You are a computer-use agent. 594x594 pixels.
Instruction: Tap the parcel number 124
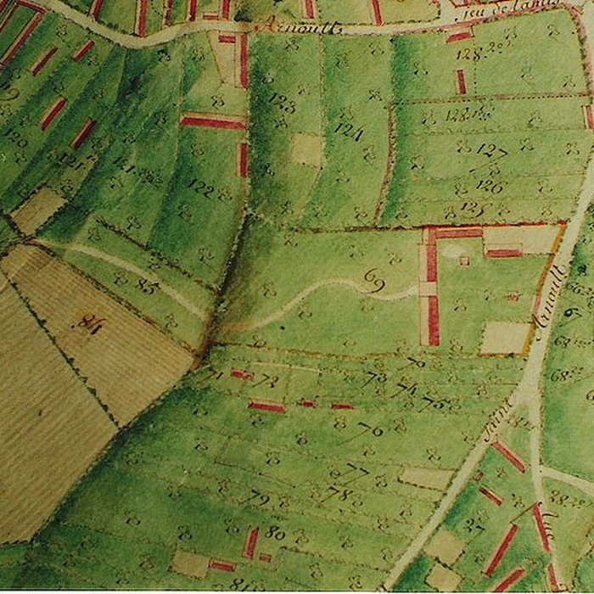tap(348, 133)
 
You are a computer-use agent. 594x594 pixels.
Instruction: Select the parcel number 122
tap(200, 185)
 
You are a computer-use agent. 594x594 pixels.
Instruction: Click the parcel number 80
tap(274, 533)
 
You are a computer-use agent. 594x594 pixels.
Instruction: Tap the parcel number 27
tap(474, 525)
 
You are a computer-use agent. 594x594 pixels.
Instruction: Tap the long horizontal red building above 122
tap(213, 122)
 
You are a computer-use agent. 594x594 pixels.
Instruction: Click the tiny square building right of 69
tap(463, 261)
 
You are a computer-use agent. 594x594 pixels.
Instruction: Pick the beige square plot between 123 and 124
tap(306, 149)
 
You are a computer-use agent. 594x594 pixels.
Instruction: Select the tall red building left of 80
tap(251, 542)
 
